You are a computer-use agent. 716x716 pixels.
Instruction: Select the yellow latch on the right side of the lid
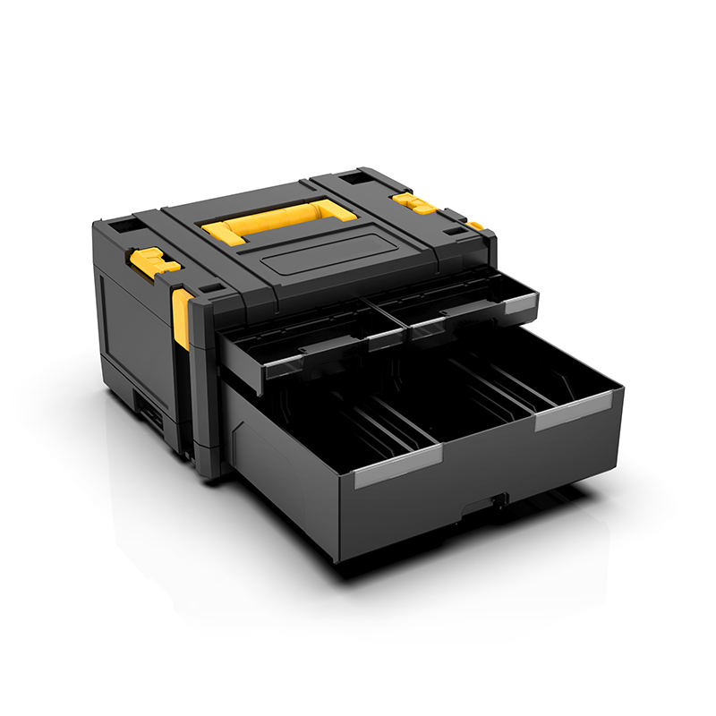(415, 202)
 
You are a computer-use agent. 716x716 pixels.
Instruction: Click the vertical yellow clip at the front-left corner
(181, 318)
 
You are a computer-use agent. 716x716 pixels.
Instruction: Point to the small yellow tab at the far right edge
(475, 226)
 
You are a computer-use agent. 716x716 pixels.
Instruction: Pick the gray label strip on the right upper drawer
(518, 305)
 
